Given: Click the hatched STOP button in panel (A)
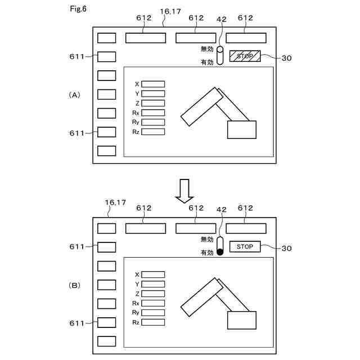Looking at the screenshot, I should point(245,56).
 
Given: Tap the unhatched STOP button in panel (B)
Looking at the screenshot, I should point(245,247).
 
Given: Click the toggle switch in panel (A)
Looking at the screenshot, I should point(220,56).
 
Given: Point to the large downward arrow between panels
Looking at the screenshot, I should point(184,191).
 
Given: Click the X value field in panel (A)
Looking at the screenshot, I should point(153,84).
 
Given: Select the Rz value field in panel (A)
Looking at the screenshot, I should point(153,132).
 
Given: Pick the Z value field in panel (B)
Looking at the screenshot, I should point(153,294).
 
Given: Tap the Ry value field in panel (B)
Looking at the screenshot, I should point(153,313).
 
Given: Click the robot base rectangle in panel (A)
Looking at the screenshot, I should point(241,129).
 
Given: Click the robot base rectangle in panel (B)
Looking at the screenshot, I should point(241,320).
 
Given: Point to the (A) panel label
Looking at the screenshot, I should point(74,95).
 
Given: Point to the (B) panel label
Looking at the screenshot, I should point(74,286).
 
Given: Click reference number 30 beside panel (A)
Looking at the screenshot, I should point(286,57).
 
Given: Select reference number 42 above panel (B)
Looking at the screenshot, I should point(221,209).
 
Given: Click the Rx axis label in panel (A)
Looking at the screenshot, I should point(136,113).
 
